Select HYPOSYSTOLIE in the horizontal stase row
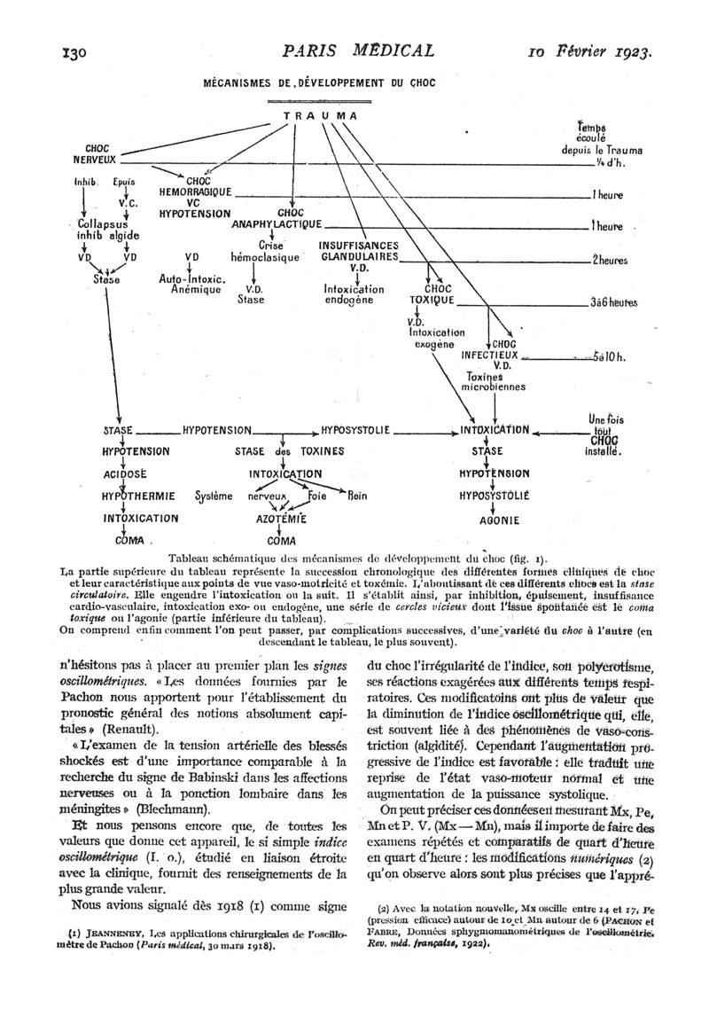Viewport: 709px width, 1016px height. point(355,430)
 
